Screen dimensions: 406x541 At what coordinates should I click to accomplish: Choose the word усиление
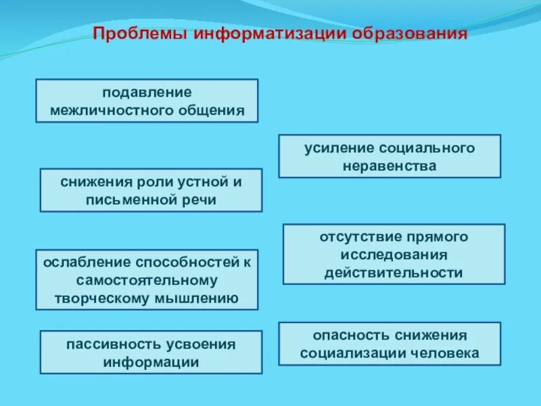coord(335,148)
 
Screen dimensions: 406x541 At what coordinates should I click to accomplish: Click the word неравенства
coord(390,165)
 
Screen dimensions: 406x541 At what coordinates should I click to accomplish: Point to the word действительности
coord(393,273)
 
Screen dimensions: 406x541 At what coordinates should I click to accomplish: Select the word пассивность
coord(110,344)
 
